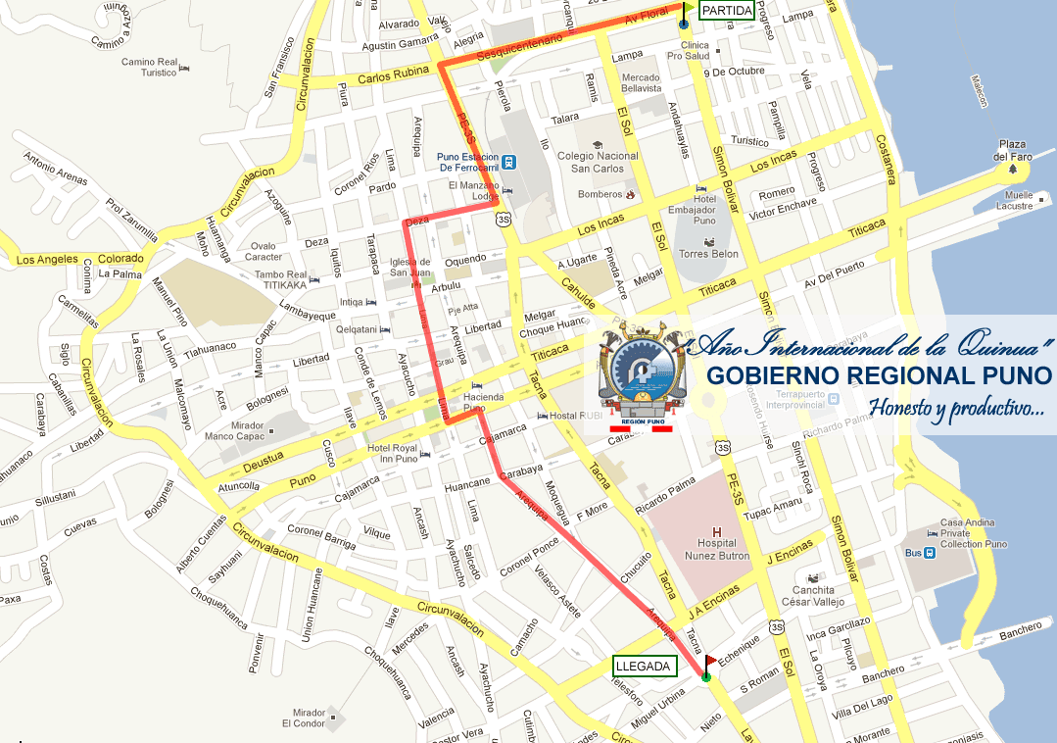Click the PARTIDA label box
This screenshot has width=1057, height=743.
(x=727, y=11)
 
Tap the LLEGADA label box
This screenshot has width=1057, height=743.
(x=644, y=667)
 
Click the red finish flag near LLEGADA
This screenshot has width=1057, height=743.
(x=710, y=663)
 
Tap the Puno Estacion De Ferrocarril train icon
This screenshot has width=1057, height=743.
(x=509, y=161)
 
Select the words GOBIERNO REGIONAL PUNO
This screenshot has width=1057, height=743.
(x=879, y=376)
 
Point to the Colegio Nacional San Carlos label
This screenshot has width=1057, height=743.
(x=597, y=162)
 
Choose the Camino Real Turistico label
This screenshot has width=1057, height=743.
(x=149, y=67)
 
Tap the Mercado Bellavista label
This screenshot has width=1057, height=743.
(x=641, y=83)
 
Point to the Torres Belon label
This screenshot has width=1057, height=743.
(x=707, y=253)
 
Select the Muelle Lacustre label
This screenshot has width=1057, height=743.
(x=1014, y=200)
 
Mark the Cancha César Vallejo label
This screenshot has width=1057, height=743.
(x=813, y=596)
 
